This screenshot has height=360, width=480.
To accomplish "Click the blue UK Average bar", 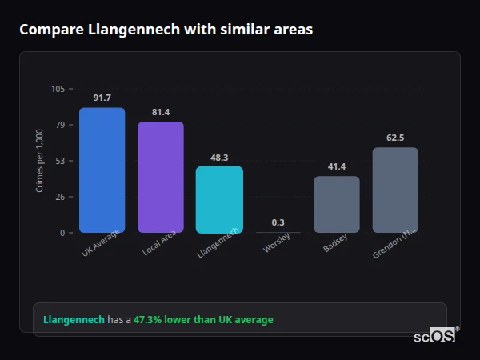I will [x=102, y=170].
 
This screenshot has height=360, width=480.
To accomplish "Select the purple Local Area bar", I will [x=161, y=178].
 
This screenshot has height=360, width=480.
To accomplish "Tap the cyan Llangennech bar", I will [x=219, y=200].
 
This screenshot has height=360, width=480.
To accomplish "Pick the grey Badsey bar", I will [x=337, y=205].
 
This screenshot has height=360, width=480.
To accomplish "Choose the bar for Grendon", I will [x=395, y=190].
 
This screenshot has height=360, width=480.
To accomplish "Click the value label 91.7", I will [x=102, y=98].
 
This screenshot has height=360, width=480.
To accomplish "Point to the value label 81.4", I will [x=161, y=112].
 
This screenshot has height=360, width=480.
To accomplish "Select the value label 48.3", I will [x=219, y=158].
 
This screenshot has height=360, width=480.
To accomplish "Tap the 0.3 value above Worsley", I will [x=278, y=222].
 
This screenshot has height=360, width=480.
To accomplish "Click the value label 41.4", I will [x=337, y=166].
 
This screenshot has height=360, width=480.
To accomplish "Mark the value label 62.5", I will [x=395, y=138].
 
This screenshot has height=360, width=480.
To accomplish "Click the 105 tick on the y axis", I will [x=58, y=89].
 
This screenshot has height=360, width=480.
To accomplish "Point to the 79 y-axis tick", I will [x=61, y=125].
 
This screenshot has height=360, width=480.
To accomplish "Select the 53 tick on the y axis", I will [x=61, y=161].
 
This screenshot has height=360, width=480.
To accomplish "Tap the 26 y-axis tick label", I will [x=61, y=197].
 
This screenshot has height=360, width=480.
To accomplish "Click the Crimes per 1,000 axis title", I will [x=40, y=160].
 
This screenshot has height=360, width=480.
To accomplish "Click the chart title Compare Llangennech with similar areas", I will [x=166, y=30].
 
